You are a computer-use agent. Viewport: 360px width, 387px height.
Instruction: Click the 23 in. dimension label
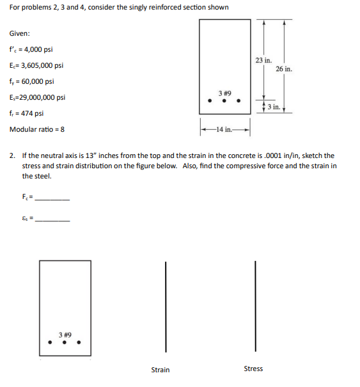[x=263, y=59]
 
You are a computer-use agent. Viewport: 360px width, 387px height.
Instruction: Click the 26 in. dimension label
[x=284, y=68]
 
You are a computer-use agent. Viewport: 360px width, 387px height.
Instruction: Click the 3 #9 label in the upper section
[x=224, y=92]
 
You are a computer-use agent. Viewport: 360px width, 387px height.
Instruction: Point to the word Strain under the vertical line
[x=160, y=370]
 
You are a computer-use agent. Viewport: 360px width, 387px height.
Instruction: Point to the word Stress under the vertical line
[x=253, y=369]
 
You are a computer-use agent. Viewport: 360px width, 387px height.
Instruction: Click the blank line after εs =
[x=52, y=221]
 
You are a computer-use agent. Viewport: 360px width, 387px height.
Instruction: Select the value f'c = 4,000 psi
[x=31, y=49]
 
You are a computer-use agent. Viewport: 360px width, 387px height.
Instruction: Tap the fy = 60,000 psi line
[x=31, y=81]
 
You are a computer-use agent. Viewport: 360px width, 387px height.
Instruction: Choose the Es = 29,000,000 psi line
[x=38, y=97]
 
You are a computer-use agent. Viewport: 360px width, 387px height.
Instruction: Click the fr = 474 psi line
[x=26, y=113]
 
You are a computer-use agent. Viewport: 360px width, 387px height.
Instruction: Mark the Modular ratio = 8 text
[x=36, y=129]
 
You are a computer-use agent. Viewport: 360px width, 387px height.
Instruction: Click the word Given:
[x=19, y=33]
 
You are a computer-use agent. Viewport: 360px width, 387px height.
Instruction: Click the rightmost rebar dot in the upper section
[x=239, y=100]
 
